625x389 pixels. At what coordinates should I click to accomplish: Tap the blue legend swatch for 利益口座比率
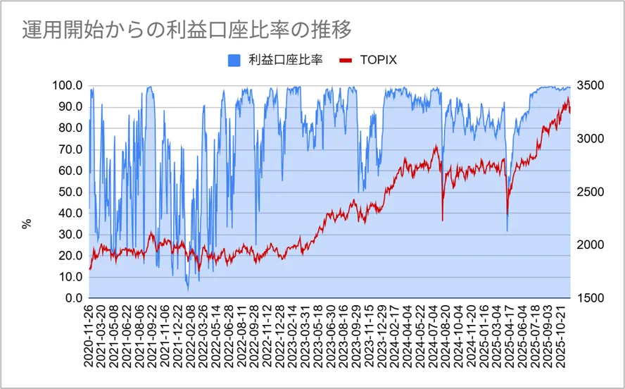234,60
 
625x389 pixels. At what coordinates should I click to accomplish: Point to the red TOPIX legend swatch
346,60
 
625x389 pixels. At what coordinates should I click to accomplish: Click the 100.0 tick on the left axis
68,85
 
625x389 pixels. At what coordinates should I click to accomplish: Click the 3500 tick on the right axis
589,85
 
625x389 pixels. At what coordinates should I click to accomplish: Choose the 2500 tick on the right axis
589,192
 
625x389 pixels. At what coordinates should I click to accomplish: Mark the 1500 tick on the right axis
589,298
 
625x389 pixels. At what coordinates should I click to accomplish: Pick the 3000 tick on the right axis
589,139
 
